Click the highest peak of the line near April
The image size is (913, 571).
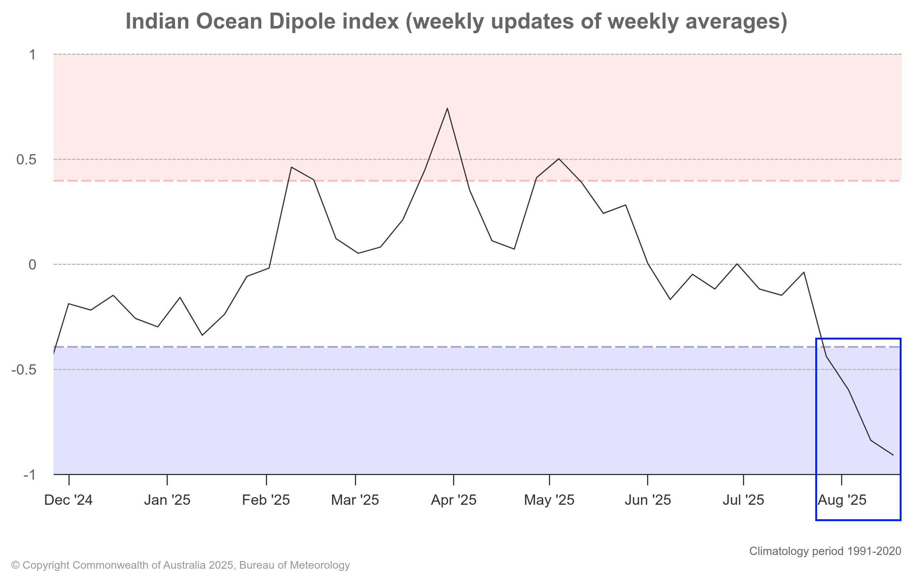pyautogui.click(x=447, y=108)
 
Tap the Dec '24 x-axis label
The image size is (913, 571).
pyautogui.click(x=68, y=500)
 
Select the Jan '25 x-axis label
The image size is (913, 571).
pyautogui.click(x=167, y=500)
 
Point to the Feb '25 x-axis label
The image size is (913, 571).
pyautogui.click(x=266, y=500)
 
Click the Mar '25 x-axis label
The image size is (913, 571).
pyautogui.click(x=355, y=500)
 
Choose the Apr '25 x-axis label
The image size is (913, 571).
pyautogui.click(x=453, y=500)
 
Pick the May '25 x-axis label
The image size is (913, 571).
pyautogui.click(x=549, y=500)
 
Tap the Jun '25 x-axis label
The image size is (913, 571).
pyautogui.click(x=647, y=500)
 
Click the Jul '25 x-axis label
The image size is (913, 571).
pyautogui.click(x=743, y=500)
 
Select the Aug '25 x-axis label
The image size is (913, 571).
pyautogui.click(x=842, y=500)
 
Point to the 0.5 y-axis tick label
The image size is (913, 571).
pyautogui.click(x=26, y=159)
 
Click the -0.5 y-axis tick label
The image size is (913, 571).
pyautogui.click(x=24, y=370)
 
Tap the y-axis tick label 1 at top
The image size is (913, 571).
pyautogui.click(x=33, y=55)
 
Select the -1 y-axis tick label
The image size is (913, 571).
pyautogui.click(x=29, y=475)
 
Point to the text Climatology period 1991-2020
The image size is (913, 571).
pyautogui.click(x=825, y=551)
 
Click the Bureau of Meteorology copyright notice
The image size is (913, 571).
pyautogui.click(x=180, y=565)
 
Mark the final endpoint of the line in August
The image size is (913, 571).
pyautogui.click(x=893, y=455)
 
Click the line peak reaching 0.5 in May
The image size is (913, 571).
pyautogui.click(x=558, y=159)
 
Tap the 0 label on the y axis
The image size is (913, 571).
pyautogui.click(x=32, y=265)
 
